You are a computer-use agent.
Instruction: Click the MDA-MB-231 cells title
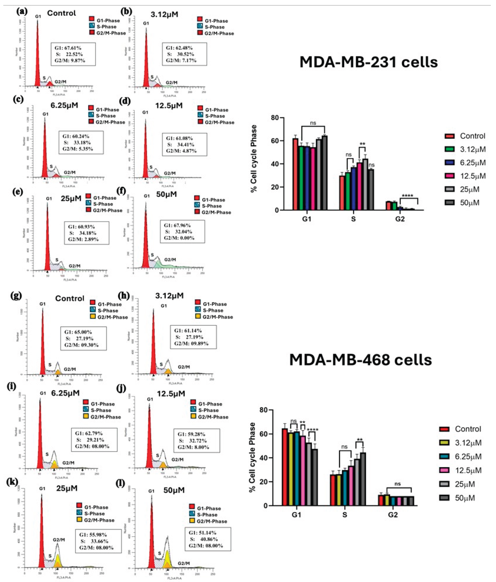pyautogui.click(x=368, y=62)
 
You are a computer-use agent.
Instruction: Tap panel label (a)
pyautogui.click(x=22, y=12)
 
